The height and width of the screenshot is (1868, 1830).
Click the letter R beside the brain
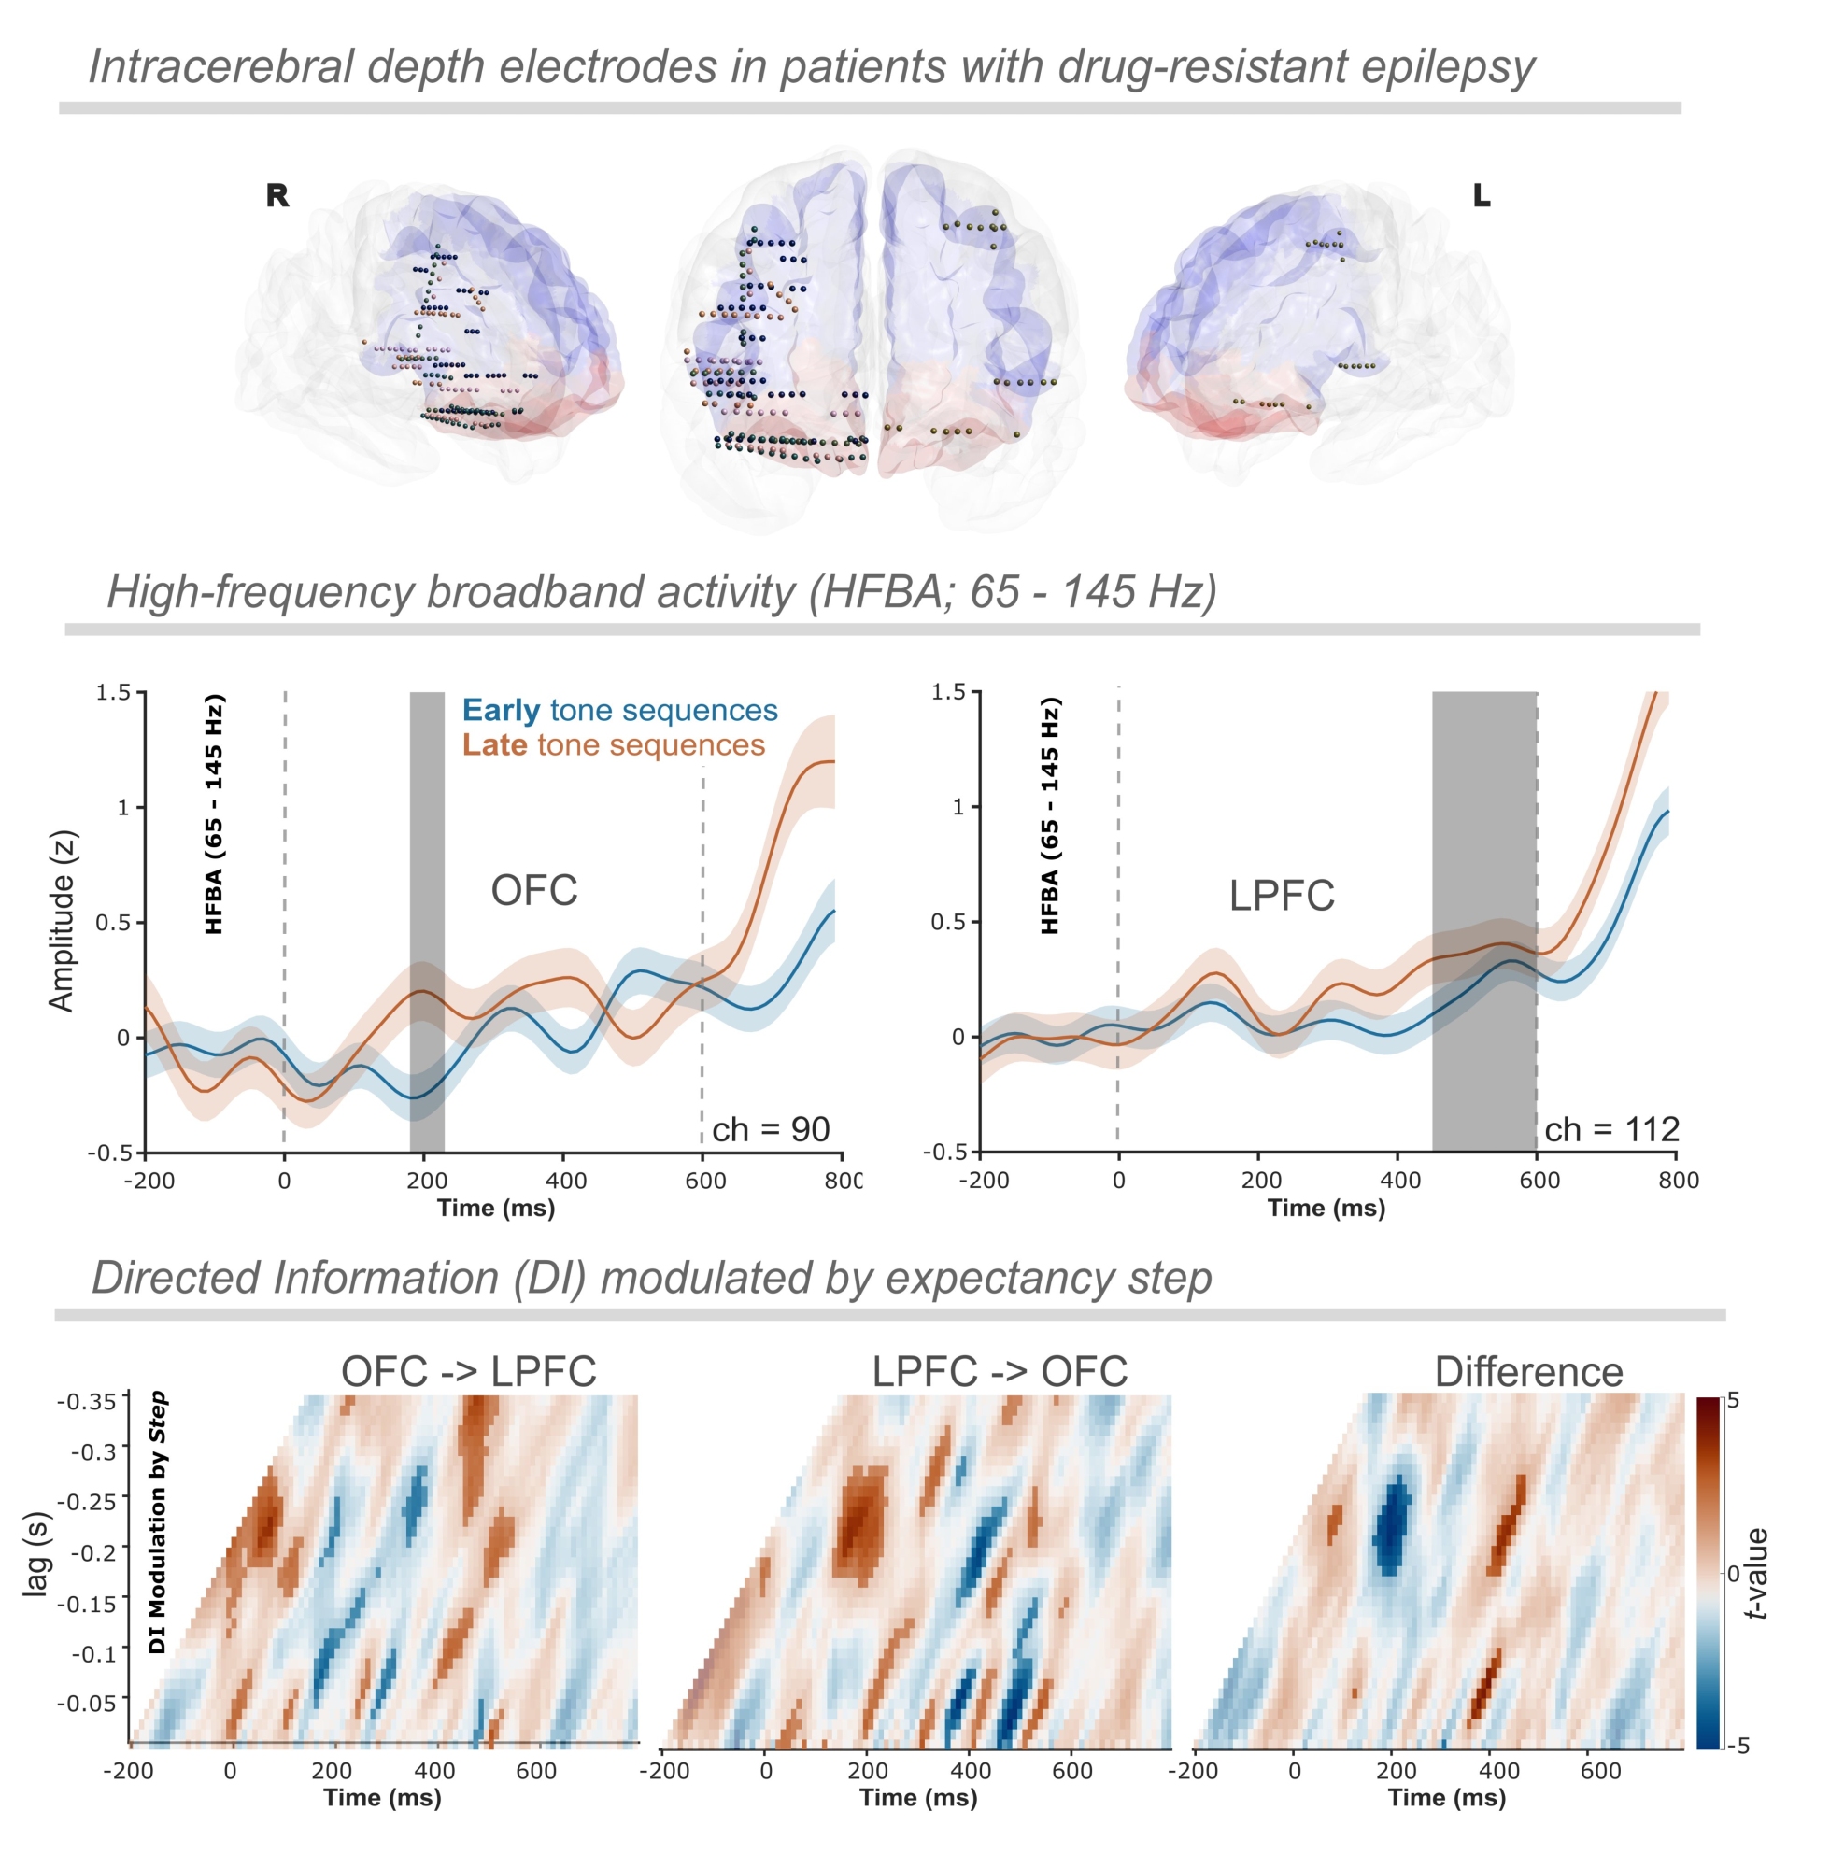(277, 196)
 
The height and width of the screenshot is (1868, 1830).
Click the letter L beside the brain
(1482, 196)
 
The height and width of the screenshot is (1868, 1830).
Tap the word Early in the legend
(501, 710)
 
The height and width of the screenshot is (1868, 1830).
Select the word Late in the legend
(494, 744)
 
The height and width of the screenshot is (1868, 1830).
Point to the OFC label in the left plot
(534, 891)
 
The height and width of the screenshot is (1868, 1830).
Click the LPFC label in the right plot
(1282, 896)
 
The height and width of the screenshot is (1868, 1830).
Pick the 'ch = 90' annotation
(771, 1129)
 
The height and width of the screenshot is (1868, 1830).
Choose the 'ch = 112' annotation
(1611, 1129)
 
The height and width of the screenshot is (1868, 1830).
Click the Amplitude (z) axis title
(62, 921)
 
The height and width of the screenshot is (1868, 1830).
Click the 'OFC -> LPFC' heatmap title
(469, 1371)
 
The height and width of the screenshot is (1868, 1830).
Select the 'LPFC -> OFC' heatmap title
(1000, 1371)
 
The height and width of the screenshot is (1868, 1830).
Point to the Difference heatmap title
(1528, 1372)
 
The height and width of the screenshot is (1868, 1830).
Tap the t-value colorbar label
(1758, 1573)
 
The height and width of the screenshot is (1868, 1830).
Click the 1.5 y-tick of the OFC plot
(112, 693)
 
